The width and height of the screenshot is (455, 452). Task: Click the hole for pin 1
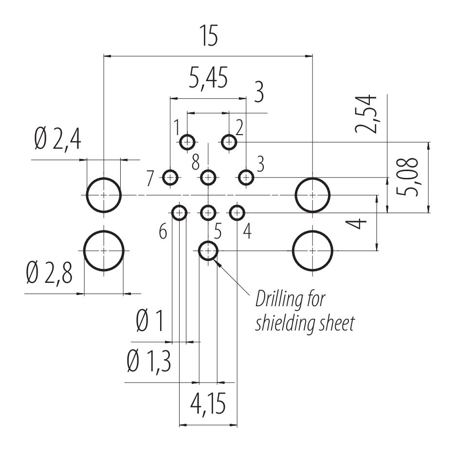187,142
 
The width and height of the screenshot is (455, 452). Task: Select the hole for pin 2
229,142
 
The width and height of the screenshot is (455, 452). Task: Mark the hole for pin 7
170,178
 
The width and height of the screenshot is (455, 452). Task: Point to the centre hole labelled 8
208,178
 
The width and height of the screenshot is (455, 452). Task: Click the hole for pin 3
247,178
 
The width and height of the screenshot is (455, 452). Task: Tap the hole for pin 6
180,212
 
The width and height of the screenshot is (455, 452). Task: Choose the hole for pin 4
237,212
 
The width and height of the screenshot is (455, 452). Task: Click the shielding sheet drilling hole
208,251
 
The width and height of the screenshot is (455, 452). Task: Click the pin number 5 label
218,232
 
